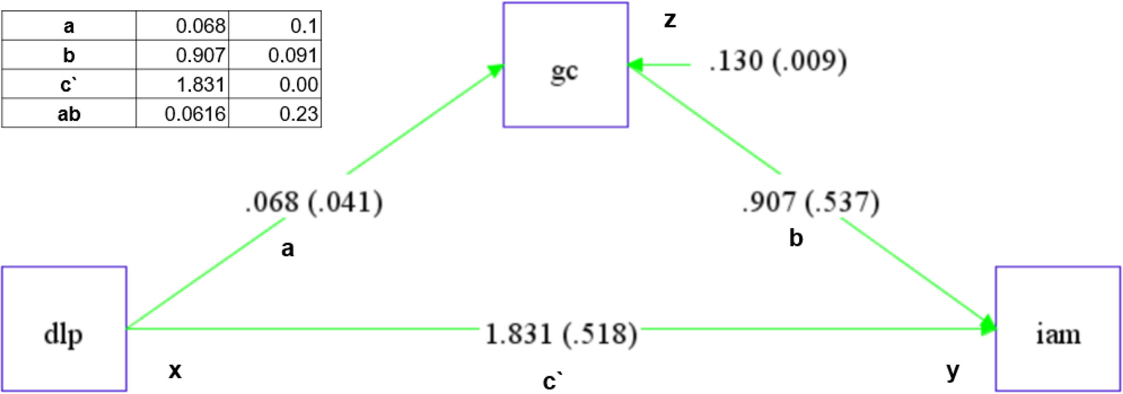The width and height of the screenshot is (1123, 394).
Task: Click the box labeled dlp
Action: coord(64,329)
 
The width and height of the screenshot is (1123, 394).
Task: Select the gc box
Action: coord(566,65)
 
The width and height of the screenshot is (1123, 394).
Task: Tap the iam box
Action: coord(1058,329)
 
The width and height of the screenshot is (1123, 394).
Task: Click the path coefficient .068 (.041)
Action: coord(314,202)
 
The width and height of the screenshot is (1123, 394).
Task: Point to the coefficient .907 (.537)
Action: coord(811,202)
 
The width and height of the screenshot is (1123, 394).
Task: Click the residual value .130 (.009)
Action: coord(778,62)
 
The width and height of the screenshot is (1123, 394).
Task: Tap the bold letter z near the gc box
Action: coord(670,20)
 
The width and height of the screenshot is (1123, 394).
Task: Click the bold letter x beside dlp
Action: coord(175,370)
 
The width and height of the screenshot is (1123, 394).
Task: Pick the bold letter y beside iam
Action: coord(953,371)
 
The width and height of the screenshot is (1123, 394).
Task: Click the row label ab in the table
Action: coord(69,114)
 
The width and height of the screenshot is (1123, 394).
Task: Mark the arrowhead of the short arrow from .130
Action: coord(635,64)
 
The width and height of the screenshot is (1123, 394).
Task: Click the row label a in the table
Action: coord(69,26)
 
